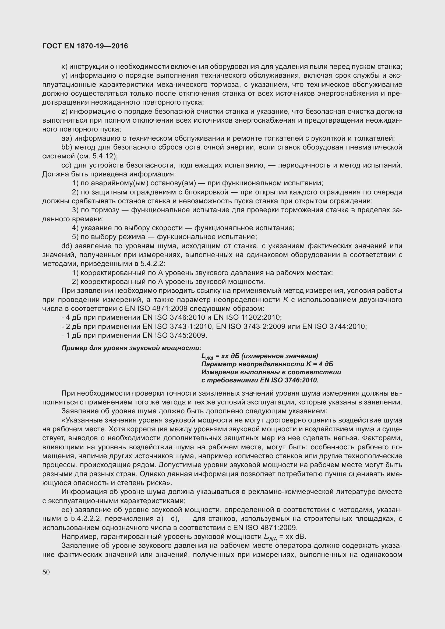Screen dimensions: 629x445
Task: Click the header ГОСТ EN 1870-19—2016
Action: coord(85,46)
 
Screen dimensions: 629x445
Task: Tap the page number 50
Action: coord(46,572)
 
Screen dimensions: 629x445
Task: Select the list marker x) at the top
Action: coord(64,67)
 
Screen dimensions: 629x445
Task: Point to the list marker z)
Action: coord(64,112)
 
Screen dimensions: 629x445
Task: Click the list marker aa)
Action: coord(66,138)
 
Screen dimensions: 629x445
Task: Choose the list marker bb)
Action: coord(66,147)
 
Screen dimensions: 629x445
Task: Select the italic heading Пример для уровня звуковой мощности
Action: coord(131,348)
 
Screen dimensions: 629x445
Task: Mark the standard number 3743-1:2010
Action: coord(191,326)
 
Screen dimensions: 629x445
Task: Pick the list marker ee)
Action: coord(66,510)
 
